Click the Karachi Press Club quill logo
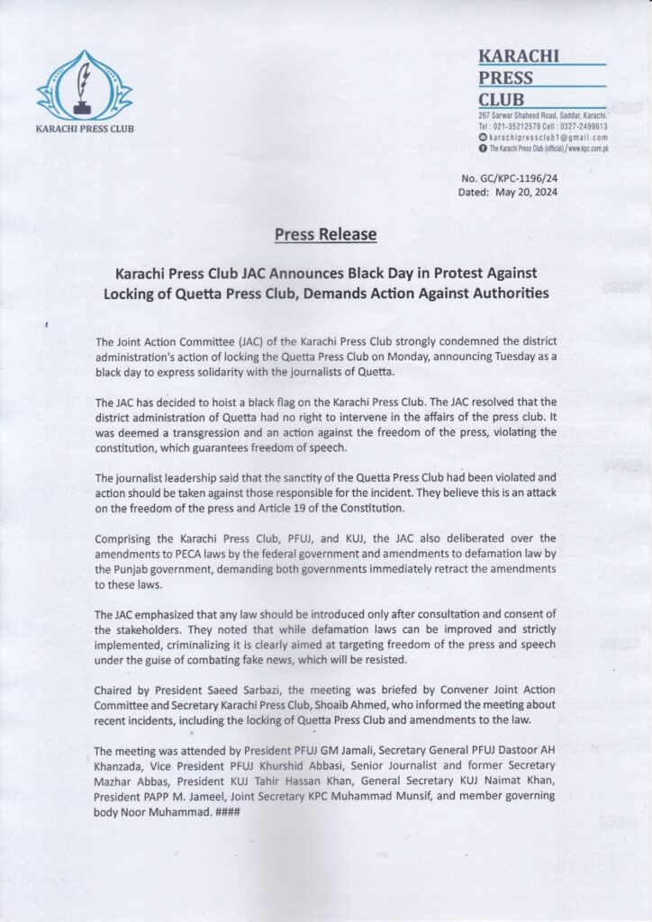pos(84,86)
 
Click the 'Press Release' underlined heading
pos(325,236)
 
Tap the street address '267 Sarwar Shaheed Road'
pos(519,117)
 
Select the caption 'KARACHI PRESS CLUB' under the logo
pos(84,129)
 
